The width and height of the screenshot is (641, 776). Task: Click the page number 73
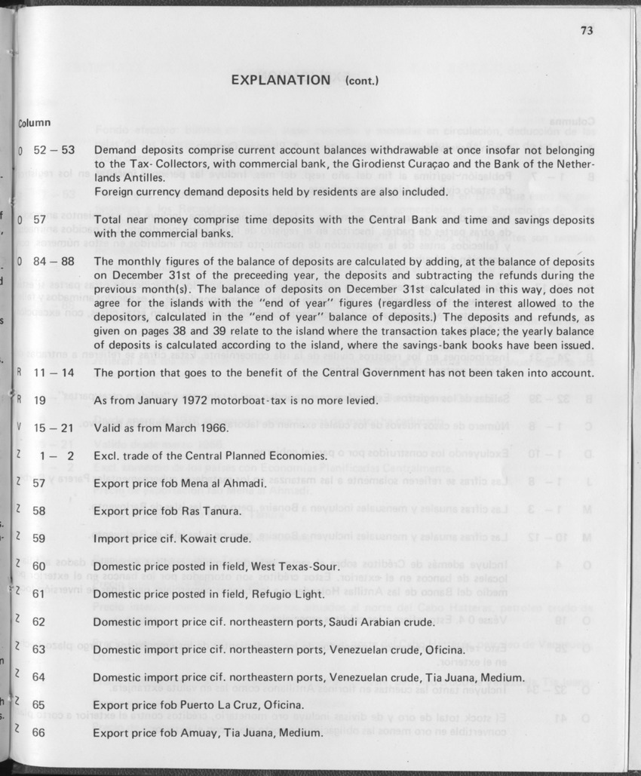(587, 31)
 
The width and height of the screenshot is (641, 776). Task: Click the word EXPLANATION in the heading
(281, 80)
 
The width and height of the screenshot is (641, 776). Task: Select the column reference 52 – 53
(54, 150)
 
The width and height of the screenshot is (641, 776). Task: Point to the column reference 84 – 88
(54, 261)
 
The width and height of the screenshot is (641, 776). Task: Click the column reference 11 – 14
(54, 373)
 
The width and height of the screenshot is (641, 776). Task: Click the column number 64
(39, 676)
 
